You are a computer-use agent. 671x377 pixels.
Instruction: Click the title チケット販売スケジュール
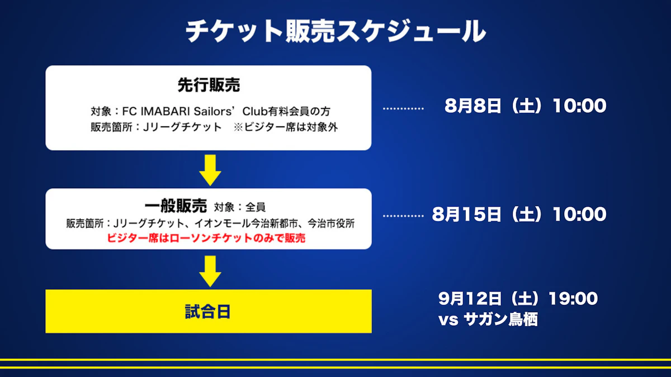[x=335, y=31]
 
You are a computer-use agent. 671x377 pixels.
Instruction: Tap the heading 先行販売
[x=209, y=85]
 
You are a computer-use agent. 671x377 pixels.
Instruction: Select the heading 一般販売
[x=176, y=206]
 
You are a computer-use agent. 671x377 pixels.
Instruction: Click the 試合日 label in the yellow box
[x=208, y=312]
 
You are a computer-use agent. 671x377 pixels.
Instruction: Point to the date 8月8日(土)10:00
[x=526, y=106]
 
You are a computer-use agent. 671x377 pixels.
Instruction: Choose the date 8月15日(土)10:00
[x=519, y=214]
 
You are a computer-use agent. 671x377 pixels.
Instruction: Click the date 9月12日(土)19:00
[x=518, y=299]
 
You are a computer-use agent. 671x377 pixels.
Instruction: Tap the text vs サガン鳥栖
[x=488, y=319]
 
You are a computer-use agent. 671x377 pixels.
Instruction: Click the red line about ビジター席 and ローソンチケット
[x=206, y=238]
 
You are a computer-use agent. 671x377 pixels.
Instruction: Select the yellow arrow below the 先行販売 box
[x=210, y=170]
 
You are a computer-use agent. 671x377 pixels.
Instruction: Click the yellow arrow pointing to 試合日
[x=210, y=271]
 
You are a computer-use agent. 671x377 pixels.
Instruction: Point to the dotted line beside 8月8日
[x=403, y=108]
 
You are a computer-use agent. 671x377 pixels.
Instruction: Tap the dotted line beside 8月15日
[x=403, y=216]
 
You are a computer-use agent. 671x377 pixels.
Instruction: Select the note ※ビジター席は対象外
[x=286, y=127]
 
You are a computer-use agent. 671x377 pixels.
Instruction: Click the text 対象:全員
[x=240, y=207]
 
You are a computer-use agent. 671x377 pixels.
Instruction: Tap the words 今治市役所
[x=331, y=223]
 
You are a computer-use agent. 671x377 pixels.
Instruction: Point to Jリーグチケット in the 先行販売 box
[x=182, y=127]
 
